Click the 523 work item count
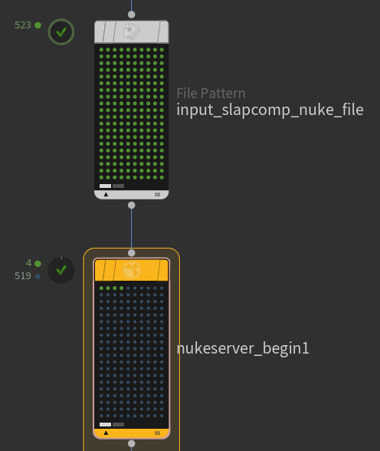(23, 25)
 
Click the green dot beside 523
(38, 25)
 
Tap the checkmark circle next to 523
(61, 31)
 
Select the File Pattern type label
(211, 94)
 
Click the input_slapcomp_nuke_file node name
(270, 110)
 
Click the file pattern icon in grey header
(132, 31)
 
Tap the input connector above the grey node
(132, 15)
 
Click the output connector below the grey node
(132, 205)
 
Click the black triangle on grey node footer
(106, 195)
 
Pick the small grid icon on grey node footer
(157, 195)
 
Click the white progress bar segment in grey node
(105, 186)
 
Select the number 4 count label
(28, 263)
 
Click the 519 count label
(23, 276)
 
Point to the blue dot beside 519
(38, 276)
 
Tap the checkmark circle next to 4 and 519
(61, 270)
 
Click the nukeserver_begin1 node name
(243, 348)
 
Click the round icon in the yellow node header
(132, 270)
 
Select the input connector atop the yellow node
(132, 253)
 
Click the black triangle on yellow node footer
(106, 433)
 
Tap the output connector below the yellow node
(132, 443)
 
